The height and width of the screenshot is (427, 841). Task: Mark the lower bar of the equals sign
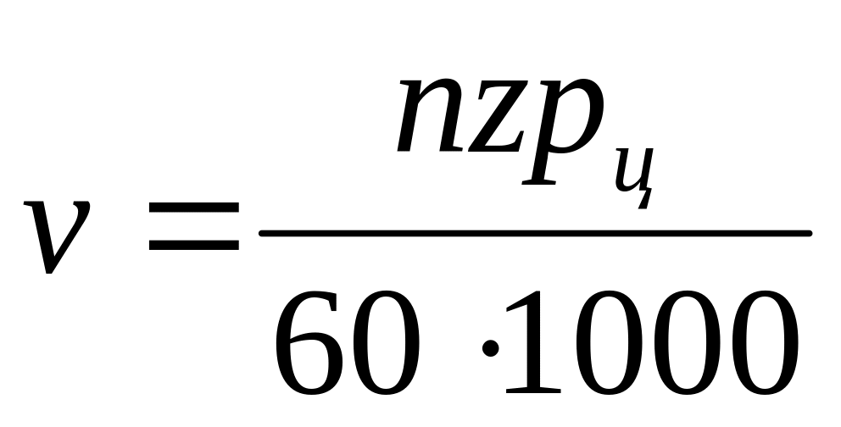point(193,247)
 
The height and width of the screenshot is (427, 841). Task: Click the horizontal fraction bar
point(534,233)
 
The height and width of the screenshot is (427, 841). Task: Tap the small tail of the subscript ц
point(646,200)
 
